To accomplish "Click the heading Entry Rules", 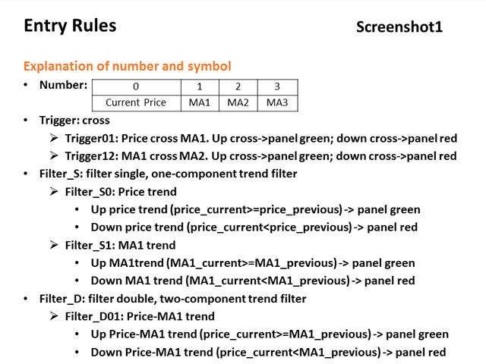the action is [x=70, y=26].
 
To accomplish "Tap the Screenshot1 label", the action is [x=399, y=27].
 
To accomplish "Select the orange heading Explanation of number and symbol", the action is [x=128, y=66].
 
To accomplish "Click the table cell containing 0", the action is [x=137, y=87].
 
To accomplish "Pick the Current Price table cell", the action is [x=137, y=103].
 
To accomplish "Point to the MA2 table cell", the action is [x=238, y=103].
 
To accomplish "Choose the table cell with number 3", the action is [x=277, y=87].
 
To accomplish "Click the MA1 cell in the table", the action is [x=200, y=103].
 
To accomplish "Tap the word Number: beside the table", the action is [x=64, y=85].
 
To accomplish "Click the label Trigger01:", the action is [x=92, y=138].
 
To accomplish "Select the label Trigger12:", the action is [x=92, y=156].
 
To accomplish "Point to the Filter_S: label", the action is [x=61, y=174].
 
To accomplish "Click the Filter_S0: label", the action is [x=90, y=192].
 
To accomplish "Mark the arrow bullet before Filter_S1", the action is [x=54, y=245].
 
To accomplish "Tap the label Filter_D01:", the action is [x=94, y=316].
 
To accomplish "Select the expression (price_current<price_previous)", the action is [x=269, y=227].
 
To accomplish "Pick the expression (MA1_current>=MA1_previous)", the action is [x=251, y=263].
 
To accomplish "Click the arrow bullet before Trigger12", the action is [x=54, y=155].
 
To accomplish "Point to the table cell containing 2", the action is [x=238, y=87].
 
